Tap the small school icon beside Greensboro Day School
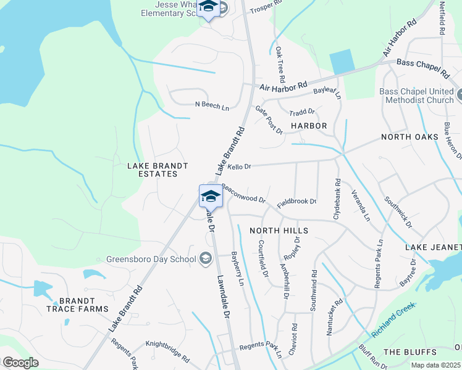pos(206,258)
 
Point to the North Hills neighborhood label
pos(279,230)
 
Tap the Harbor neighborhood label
pos(308,126)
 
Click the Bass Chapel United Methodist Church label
pos(416,96)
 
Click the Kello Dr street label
pos(239,166)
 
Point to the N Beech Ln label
pos(212,106)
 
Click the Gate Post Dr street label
pos(269,120)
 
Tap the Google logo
pos(20,362)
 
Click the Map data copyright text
pos(436,365)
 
